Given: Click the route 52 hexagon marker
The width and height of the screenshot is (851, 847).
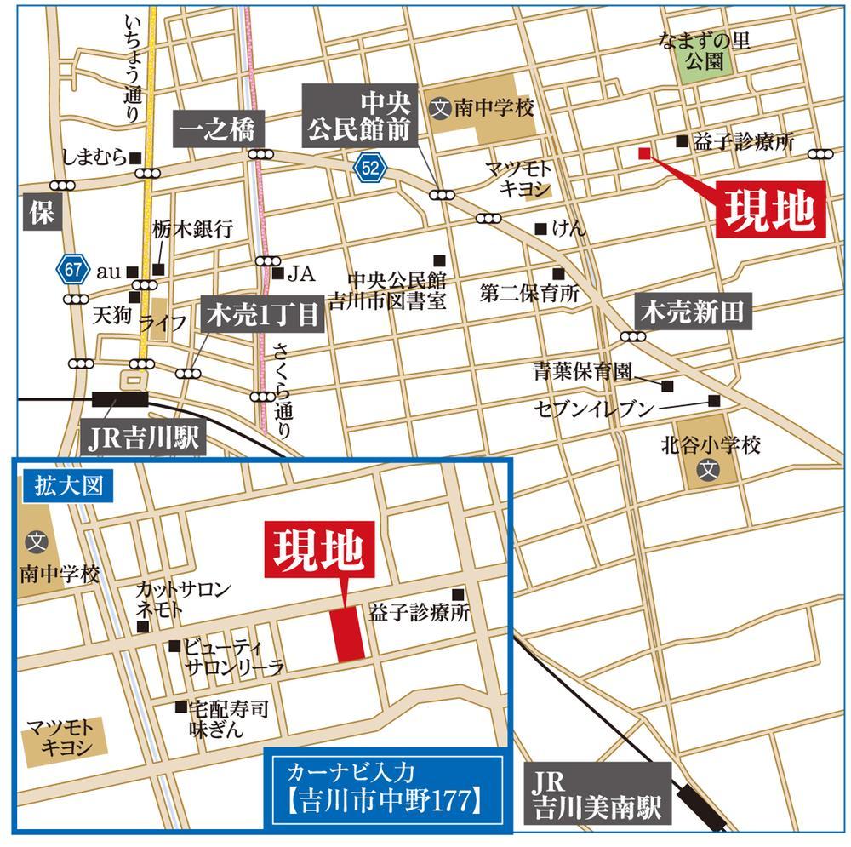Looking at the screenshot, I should [x=370, y=169].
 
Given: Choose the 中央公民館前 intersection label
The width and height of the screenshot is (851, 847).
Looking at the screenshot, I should [x=360, y=117].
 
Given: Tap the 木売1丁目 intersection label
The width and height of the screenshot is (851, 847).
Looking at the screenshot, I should [x=261, y=316].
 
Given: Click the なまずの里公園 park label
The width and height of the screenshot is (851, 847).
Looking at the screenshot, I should [x=705, y=50].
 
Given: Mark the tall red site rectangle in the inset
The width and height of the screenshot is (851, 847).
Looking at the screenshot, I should [x=349, y=633].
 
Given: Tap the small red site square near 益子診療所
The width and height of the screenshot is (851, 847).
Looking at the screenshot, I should [x=644, y=153].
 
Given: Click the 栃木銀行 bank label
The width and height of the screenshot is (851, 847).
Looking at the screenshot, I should [x=193, y=229].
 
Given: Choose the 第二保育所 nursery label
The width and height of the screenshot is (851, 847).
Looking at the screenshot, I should [x=528, y=294].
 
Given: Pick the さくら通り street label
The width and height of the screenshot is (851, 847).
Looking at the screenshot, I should [x=282, y=391].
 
